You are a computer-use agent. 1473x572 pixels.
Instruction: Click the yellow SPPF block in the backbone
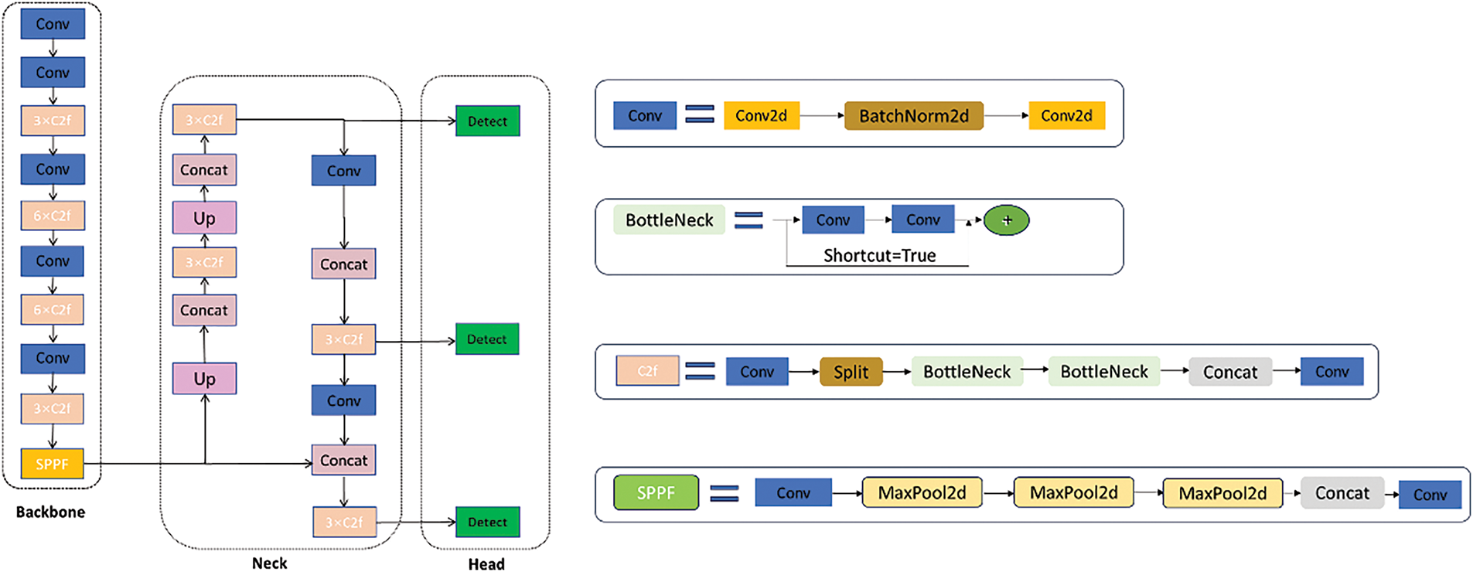tap(52, 464)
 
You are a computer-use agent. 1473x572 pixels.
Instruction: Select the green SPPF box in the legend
tap(656, 492)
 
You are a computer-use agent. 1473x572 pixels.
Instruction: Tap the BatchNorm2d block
tap(913, 116)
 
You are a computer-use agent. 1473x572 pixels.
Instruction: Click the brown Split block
tap(851, 372)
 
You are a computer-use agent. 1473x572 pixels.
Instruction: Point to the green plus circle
tap(1006, 220)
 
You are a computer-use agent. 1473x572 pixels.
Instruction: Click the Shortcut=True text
tap(879, 255)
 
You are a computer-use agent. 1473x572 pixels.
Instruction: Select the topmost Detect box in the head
tap(487, 121)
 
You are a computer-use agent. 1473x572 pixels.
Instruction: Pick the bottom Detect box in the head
tap(487, 522)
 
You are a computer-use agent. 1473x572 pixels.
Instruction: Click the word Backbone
tap(50, 512)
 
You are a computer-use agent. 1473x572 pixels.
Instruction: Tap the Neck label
tap(269, 563)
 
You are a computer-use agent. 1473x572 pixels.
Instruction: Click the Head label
tap(486, 563)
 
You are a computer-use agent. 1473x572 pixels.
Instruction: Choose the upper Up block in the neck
tap(204, 218)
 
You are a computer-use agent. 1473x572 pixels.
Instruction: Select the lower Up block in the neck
tap(204, 379)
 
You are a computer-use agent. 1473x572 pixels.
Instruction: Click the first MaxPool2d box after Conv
tap(922, 492)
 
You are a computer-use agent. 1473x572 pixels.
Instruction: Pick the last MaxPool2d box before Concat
tap(1222, 493)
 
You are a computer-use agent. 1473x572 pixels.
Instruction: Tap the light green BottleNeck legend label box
tap(669, 220)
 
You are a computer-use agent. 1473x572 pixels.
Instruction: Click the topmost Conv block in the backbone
tap(53, 24)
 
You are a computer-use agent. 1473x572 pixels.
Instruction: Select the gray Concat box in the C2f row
tap(1229, 372)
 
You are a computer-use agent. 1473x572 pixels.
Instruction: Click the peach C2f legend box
tap(647, 371)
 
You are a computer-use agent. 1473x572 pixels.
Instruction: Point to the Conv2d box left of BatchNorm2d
tap(761, 116)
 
